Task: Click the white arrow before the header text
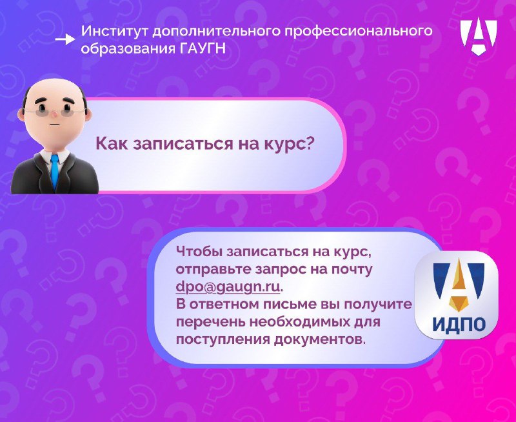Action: click(x=65, y=39)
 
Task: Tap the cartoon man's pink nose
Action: click(x=54, y=114)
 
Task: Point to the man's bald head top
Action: click(x=54, y=86)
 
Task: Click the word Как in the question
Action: click(x=111, y=144)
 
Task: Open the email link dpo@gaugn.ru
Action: click(x=228, y=286)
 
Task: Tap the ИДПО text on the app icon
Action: click(x=459, y=324)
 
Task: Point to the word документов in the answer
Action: click(x=319, y=339)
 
